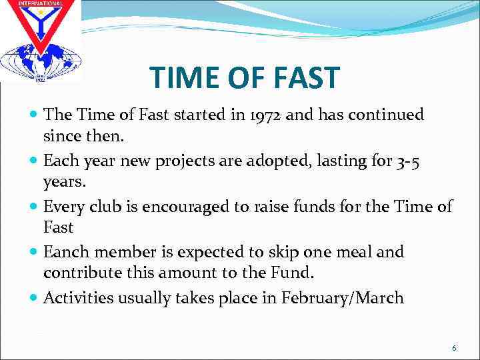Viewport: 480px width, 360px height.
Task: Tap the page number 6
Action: [454, 348]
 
